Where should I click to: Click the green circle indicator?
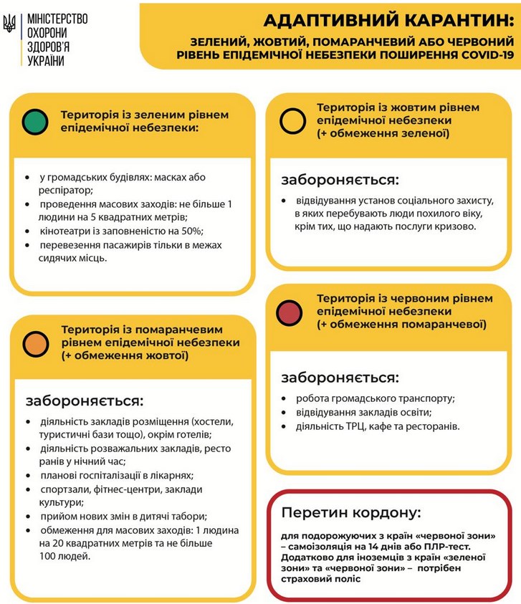35,121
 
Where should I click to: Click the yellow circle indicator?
292,120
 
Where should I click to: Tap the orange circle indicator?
35,344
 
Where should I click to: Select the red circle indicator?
290,312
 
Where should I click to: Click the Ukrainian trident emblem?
10,26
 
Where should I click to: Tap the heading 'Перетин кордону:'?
351,513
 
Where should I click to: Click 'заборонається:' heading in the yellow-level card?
339,179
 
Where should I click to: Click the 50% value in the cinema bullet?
193,231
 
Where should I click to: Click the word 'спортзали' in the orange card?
65,489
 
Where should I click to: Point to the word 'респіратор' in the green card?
64,190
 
